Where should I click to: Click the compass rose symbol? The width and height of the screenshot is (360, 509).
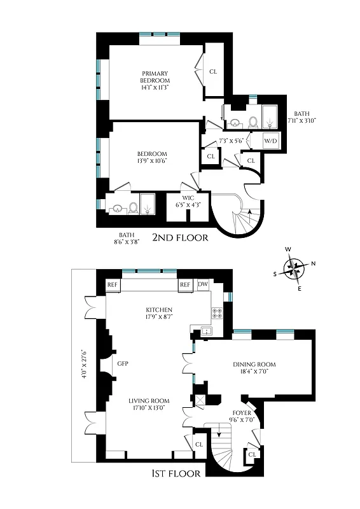click(293, 268)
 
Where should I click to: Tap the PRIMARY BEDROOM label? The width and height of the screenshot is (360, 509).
click(156, 81)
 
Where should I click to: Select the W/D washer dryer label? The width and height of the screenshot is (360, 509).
click(270, 141)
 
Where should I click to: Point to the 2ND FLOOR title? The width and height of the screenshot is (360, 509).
click(181, 238)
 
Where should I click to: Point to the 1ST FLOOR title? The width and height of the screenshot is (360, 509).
click(177, 473)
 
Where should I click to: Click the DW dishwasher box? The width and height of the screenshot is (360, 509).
click(203, 284)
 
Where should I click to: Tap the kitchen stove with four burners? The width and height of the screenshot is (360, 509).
click(216, 313)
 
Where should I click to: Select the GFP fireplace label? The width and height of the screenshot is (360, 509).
click(123, 364)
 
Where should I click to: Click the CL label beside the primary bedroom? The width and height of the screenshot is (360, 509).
click(214, 71)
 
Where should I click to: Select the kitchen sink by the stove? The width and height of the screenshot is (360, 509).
click(205, 331)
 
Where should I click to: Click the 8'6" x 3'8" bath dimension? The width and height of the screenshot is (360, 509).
click(125, 238)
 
